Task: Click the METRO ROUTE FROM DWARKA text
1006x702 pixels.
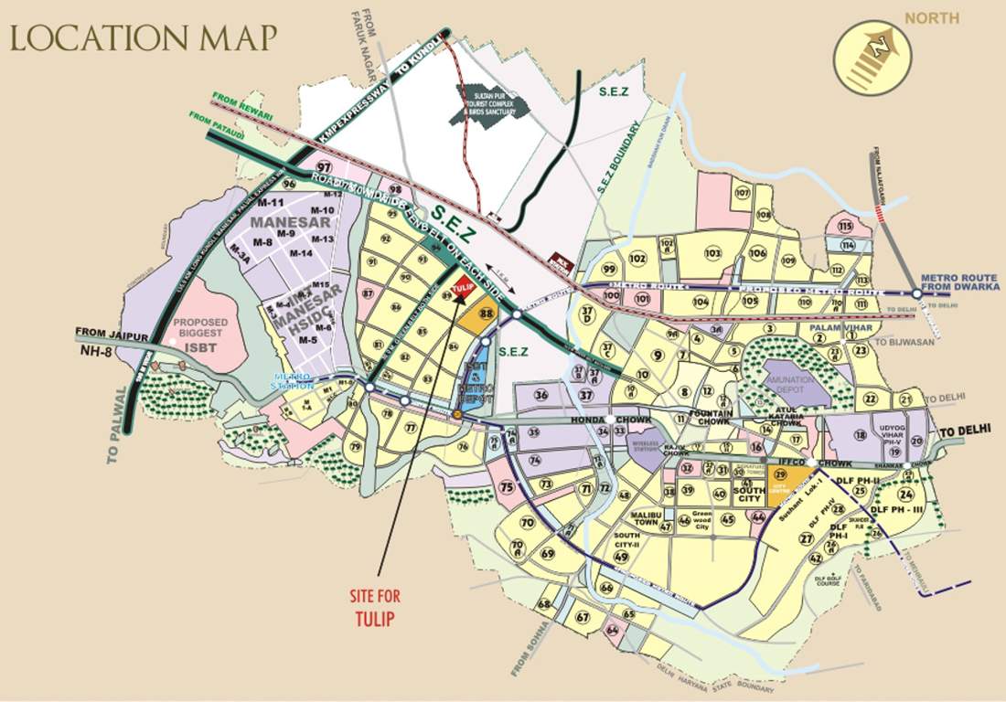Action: click(960, 282)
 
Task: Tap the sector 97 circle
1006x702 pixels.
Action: click(323, 167)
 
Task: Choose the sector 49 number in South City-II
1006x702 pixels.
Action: click(622, 557)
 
